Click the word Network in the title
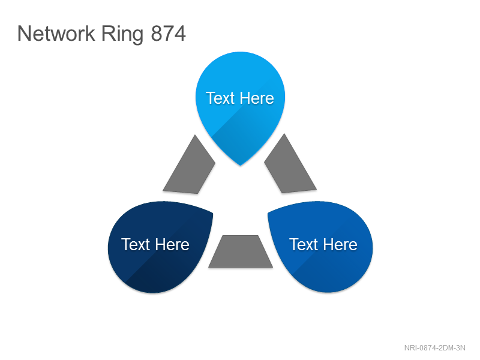pyautogui.click(x=56, y=34)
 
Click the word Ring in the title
pyautogui.click(x=122, y=35)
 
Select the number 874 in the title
pyautogui.click(x=169, y=34)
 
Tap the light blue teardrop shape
pyautogui.click(x=241, y=104)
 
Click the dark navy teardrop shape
pyautogui.click(x=158, y=247)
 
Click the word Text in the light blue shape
pyautogui.click(x=220, y=98)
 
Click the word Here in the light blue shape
pyautogui.click(x=257, y=98)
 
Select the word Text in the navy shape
pyautogui.click(x=136, y=245)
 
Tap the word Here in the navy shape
pyautogui.click(x=172, y=245)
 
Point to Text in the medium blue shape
pyautogui.click(x=304, y=245)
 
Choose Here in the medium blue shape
pyautogui.click(x=340, y=245)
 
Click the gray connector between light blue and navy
pyautogui.click(x=190, y=167)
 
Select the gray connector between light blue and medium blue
pyautogui.click(x=289, y=166)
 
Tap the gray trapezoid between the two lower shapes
pyautogui.click(x=241, y=251)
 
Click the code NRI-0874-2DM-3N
pyautogui.click(x=434, y=348)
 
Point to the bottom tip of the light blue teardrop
pyautogui.click(x=241, y=166)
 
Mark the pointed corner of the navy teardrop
pyautogui.click(x=212, y=213)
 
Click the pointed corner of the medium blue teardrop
pyautogui.click(x=268, y=213)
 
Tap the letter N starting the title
pyautogui.click(x=24, y=34)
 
